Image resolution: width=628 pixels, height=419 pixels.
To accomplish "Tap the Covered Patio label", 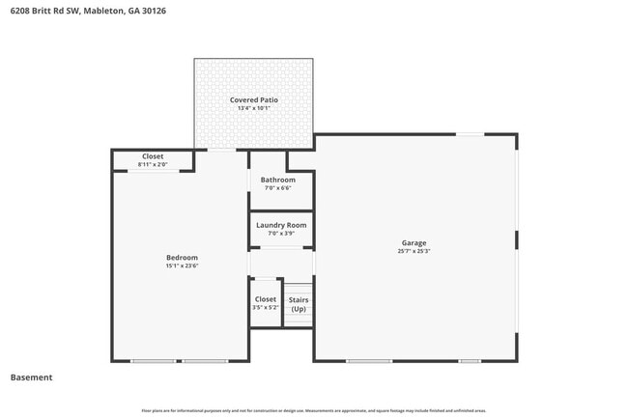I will (253, 99).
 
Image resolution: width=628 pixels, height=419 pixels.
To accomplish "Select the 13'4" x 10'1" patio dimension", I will (253, 108).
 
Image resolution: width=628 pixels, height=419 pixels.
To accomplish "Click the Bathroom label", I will (278, 180).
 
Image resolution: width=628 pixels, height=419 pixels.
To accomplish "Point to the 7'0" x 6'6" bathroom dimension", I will (278, 188).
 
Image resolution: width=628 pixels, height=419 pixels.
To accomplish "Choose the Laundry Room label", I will (281, 225).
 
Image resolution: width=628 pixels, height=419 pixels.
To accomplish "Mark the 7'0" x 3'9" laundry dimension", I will (281, 234).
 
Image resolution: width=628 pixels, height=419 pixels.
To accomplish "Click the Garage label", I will (414, 242).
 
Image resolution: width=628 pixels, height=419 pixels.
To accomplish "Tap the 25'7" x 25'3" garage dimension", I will (414, 251).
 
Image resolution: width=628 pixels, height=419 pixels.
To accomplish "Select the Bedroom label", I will (182, 257).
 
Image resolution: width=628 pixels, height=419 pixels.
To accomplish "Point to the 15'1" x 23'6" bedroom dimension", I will (182, 265).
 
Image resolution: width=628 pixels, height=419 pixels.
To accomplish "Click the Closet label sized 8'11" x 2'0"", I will (153, 156).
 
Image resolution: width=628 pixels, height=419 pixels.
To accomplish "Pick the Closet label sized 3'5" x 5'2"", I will (265, 299).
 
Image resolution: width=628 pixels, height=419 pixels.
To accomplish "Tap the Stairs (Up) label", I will (299, 304).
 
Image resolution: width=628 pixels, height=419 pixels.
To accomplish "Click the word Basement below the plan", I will (31, 377).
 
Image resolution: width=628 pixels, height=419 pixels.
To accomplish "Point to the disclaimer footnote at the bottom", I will (314, 410).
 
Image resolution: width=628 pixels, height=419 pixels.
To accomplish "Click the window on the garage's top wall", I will (470, 134).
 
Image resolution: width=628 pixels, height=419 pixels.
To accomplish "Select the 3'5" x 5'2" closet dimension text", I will (265, 308).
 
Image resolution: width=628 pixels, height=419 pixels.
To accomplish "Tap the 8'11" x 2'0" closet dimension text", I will (153, 165).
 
